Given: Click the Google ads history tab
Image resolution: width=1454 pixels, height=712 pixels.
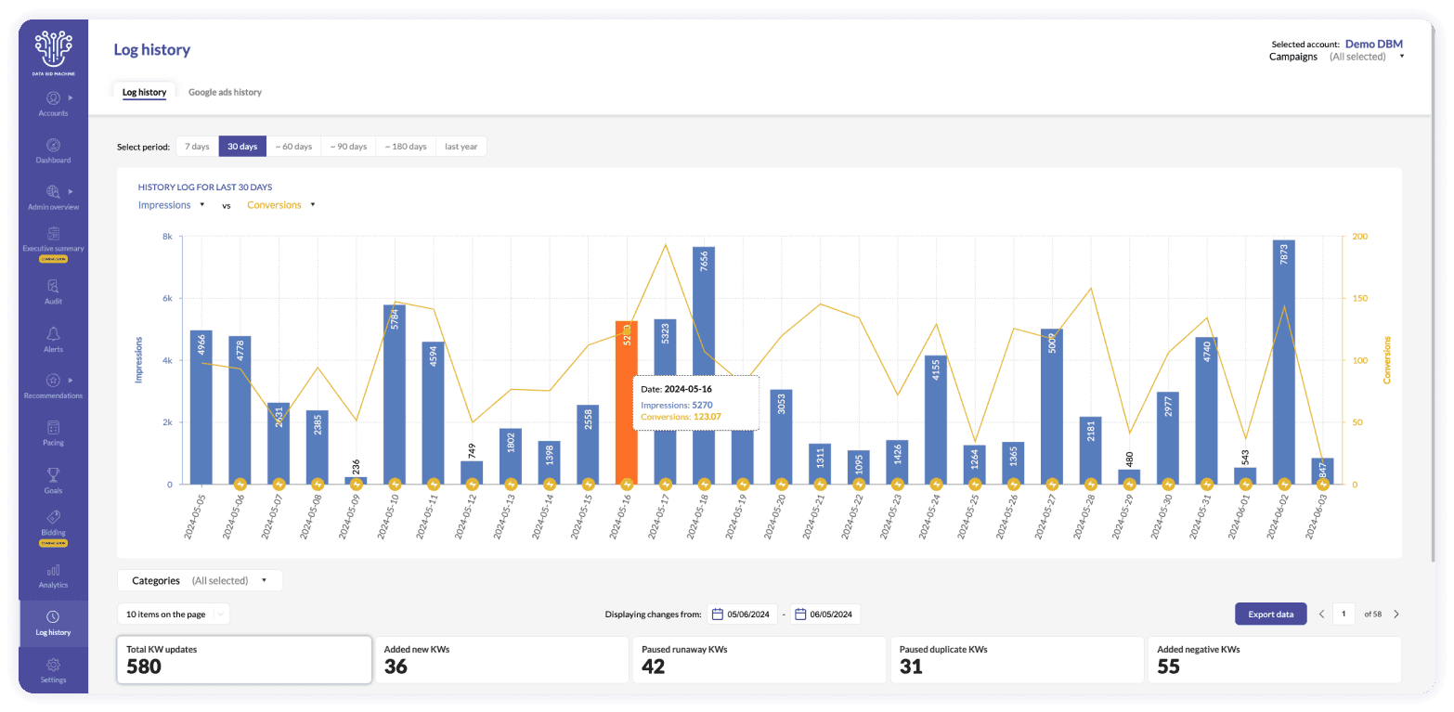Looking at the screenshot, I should click(225, 92).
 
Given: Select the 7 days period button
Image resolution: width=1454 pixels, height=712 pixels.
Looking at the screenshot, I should click(197, 147).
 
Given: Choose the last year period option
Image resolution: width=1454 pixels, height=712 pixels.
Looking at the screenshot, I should click(461, 147).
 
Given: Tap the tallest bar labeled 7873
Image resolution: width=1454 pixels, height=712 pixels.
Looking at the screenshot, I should click(1284, 362).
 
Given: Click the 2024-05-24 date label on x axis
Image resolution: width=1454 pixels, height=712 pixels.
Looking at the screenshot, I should click(928, 516).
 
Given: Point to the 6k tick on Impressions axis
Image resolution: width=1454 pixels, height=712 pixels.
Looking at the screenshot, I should click(167, 299).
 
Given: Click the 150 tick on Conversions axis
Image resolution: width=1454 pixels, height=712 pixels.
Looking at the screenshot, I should click(1358, 299).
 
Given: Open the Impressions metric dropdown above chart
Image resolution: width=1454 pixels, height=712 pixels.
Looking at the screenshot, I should click(172, 205).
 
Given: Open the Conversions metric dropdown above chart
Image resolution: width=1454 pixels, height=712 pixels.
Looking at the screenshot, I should click(281, 205).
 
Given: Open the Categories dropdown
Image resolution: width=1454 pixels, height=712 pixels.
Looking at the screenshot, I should click(200, 580).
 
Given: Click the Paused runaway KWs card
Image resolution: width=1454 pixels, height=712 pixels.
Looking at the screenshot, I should click(759, 659).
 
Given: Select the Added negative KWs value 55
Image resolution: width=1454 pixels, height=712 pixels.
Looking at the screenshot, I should click(1168, 667).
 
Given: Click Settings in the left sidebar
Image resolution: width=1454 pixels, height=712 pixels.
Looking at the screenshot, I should click(53, 670).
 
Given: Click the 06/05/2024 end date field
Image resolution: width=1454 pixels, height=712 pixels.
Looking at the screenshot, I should click(825, 614).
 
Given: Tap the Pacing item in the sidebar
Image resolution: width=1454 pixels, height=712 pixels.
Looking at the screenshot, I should click(53, 434).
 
